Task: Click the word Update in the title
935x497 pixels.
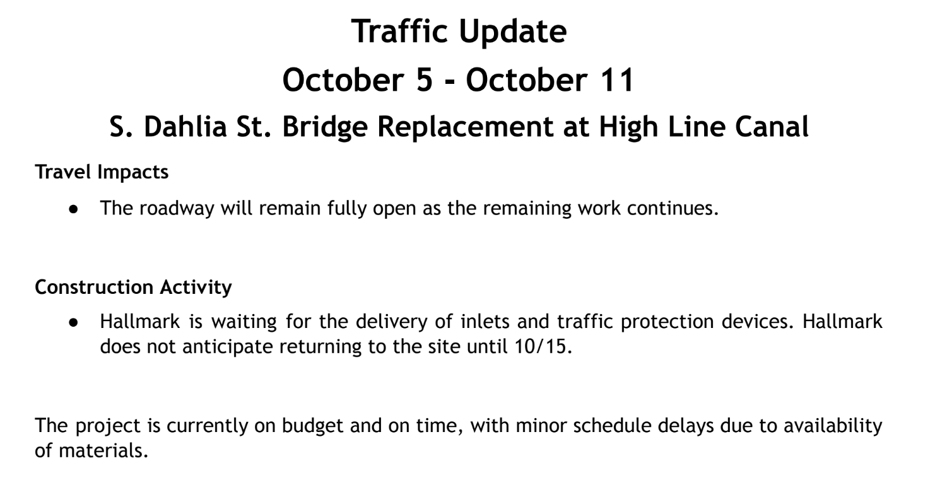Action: tap(512, 32)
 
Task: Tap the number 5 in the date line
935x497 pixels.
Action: tap(424, 80)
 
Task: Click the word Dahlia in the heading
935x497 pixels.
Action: tap(185, 126)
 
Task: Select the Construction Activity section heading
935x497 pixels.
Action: tap(133, 288)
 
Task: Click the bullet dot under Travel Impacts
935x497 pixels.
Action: tap(74, 209)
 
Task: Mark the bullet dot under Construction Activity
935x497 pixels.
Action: tap(74, 322)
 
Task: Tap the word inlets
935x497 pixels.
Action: tap(485, 321)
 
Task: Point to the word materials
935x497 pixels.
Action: tap(103, 451)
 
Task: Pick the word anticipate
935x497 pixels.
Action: tap(228, 347)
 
